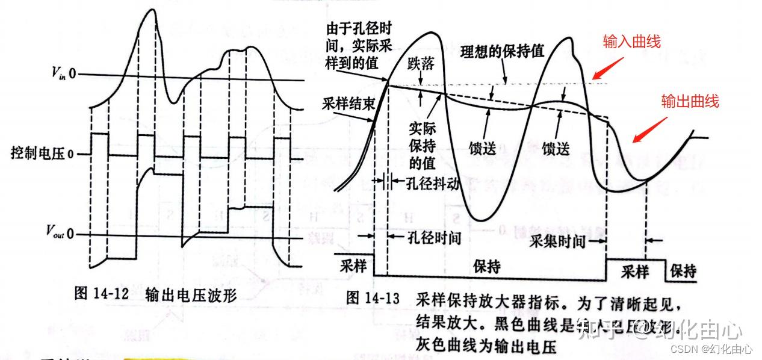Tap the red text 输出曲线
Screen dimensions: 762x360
690,101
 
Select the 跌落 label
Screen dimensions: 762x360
420,62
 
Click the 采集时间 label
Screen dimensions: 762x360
557,242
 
